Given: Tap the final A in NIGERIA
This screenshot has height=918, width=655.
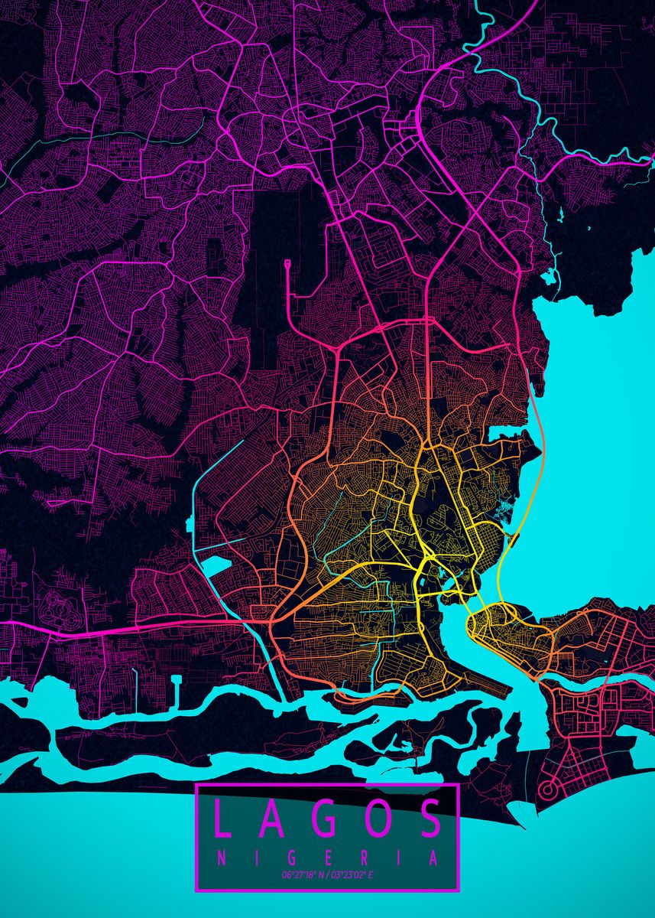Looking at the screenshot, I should point(433,858).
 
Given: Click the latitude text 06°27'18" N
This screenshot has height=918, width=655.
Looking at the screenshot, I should point(302,874).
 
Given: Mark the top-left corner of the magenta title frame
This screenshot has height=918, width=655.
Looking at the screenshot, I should point(197,785).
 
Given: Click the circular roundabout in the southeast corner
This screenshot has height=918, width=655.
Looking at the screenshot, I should point(548,789).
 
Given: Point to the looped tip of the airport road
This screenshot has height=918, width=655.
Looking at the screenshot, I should point(287,265).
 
